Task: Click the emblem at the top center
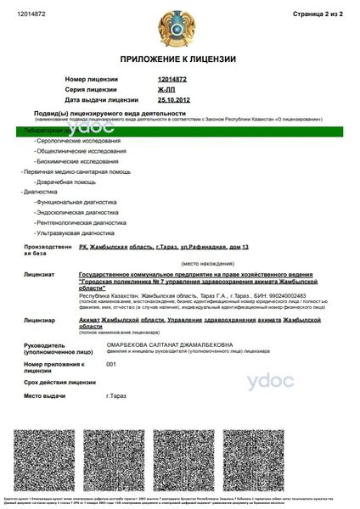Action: tap(178, 25)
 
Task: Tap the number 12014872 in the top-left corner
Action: tap(31, 14)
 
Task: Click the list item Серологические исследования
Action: tap(78, 140)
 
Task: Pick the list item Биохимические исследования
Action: tap(76, 160)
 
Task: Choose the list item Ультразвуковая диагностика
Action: tap(75, 232)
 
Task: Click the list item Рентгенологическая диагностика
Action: tap(81, 221)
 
